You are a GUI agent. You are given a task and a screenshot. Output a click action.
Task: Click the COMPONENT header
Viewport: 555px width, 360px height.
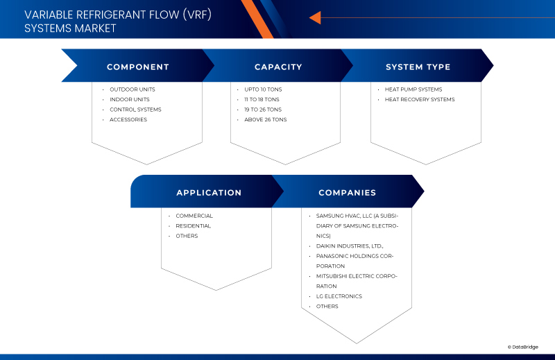point(137,67)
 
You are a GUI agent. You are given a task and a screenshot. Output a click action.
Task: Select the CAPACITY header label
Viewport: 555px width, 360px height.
point(278,67)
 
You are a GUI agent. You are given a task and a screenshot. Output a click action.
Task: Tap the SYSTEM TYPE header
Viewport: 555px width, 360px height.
point(418,67)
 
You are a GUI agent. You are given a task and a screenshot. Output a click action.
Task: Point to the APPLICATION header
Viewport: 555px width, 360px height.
point(209,193)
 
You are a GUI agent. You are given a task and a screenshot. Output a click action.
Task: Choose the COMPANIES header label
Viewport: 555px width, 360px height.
point(347,193)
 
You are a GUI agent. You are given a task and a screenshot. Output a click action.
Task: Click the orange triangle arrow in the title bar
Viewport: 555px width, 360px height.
point(314,17)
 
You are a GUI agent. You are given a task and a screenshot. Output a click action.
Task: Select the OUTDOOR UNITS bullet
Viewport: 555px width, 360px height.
point(132,89)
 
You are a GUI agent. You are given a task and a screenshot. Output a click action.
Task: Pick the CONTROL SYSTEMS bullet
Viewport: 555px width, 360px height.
point(135,110)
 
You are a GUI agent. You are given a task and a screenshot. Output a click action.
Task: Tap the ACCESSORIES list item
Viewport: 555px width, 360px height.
point(128,119)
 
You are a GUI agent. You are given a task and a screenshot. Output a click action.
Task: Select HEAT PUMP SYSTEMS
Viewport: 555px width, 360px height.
point(413,89)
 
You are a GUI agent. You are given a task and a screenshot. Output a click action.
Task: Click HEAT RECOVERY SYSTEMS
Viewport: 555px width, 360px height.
point(420,99)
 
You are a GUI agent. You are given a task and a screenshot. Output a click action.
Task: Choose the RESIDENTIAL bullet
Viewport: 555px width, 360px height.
point(193,225)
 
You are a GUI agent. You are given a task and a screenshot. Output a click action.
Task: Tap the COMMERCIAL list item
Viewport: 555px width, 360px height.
point(194,216)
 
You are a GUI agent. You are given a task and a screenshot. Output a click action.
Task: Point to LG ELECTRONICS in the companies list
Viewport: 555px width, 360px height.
point(339,296)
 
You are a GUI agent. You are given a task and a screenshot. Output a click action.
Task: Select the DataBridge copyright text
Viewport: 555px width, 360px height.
point(522,347)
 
